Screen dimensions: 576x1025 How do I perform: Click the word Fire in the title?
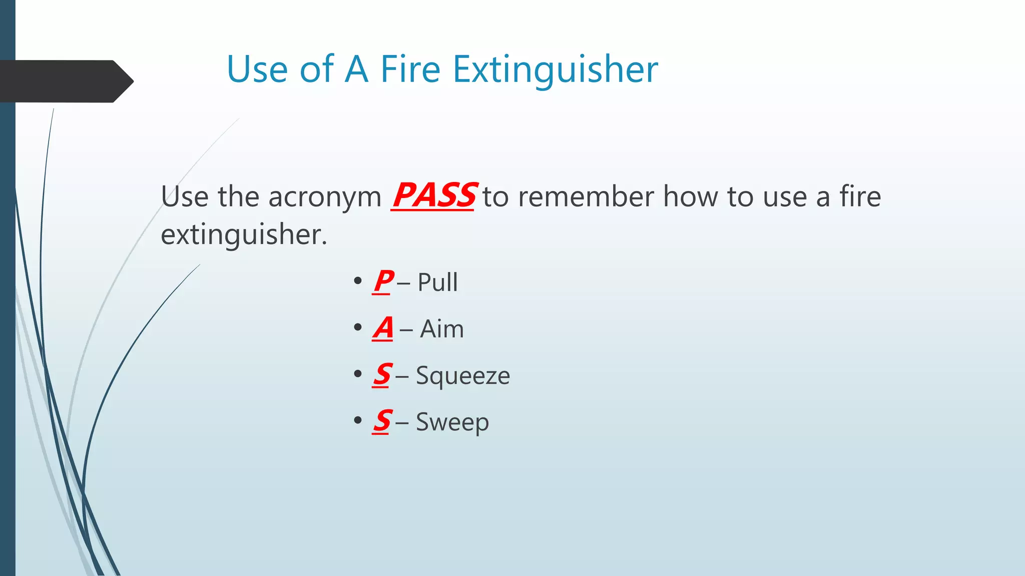point(410,69)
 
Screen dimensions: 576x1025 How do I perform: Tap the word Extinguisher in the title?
point(555,70)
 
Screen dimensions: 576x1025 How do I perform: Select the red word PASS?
point(433,195)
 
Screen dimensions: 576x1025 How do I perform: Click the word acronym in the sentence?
point(325,197)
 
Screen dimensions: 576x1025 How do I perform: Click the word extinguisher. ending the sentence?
point(244,234)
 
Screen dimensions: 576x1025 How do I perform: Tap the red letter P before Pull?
point(383,281)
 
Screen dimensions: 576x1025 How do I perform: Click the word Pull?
point(437,282)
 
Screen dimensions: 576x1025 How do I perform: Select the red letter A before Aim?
point(383,328)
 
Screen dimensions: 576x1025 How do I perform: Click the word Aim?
point(441,329)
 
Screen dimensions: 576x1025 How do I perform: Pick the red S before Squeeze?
point(382,374)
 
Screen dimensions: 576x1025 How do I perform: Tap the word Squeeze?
point(462,376)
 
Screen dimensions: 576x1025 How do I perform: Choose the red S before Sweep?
point(382,421)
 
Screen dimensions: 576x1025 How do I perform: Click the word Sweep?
point(452,422)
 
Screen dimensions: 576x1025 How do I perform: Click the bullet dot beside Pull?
point(357,281)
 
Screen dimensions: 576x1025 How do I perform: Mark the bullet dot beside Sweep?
point(357,420)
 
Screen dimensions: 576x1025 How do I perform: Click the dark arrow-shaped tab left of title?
point(65,81)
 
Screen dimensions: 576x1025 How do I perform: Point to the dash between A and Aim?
point(406,330)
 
